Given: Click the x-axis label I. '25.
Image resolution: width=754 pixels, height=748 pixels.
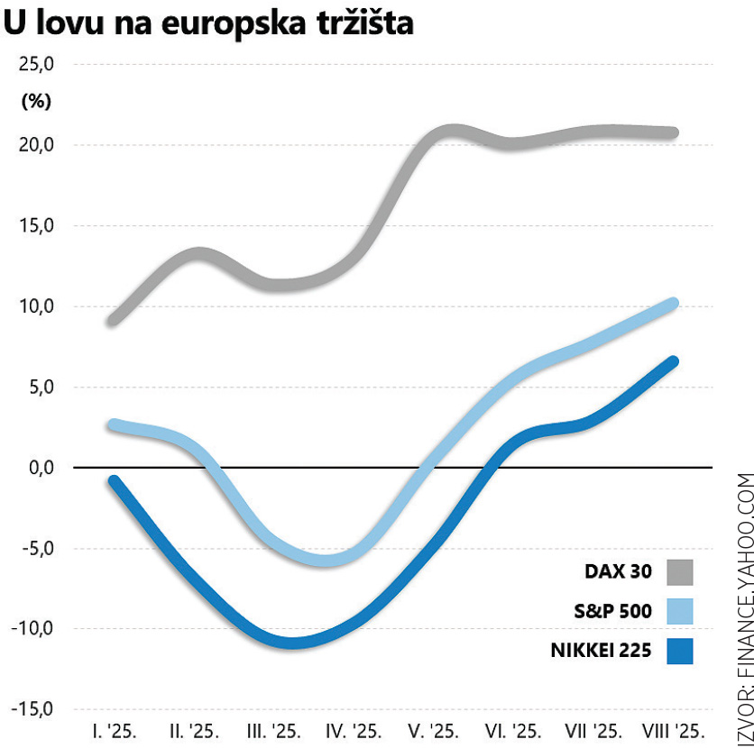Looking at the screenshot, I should (114, 730).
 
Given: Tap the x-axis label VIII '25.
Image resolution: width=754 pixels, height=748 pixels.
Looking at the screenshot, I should (672, 730).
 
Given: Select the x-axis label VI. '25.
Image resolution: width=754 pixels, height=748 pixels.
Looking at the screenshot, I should (513, 730).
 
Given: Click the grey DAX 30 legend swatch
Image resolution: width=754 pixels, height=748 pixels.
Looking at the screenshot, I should (680, 572).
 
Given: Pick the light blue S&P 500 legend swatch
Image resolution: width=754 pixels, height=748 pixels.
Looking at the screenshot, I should (680, 611).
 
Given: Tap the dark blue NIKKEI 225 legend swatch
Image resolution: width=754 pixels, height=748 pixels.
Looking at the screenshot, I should (680, 650).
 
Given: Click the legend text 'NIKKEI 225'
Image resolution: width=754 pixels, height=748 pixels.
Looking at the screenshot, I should (600, 650).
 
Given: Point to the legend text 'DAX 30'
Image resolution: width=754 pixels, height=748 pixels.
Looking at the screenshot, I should (618, 572).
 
